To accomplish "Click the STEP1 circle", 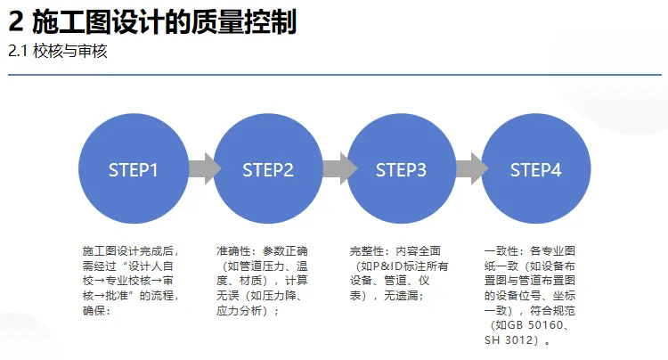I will click(134, 169).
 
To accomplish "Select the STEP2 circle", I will click(268, 169).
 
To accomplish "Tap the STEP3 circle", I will click(402, 169).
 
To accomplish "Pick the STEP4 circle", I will click(535, 169).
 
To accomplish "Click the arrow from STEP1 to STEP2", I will click(201, 168).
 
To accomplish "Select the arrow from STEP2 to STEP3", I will click(335, 168).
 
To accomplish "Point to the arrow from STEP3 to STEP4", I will click(468, 168).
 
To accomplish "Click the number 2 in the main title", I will click(15, 22).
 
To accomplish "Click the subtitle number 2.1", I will click(18, 52).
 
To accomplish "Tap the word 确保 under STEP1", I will click(94, 311).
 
